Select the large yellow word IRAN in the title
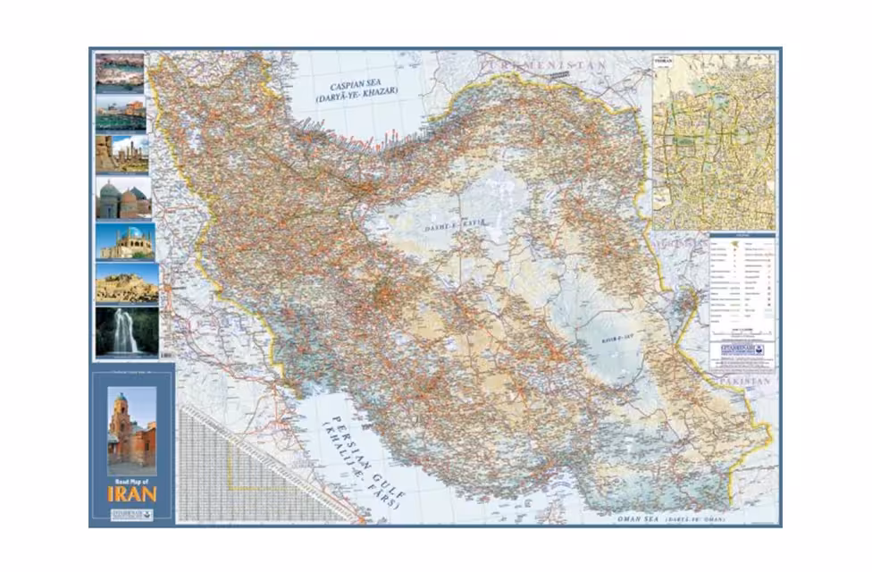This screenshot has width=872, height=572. click(132, 493)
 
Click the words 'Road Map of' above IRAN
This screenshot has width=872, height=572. click(132, 480)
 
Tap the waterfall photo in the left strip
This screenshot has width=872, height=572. click(126, 332)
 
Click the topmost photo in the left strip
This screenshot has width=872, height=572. click(120, 72)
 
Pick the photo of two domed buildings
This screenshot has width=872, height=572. click(123, 198)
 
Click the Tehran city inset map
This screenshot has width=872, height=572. click(713, 141)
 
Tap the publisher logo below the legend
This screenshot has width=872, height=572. click(742, 350)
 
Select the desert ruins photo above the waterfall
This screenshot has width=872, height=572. click(126, 283)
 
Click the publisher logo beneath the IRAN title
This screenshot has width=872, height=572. click(132, 514)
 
